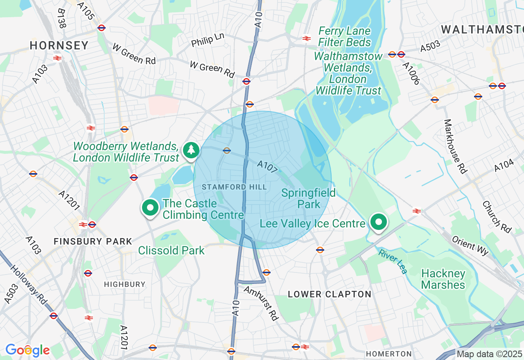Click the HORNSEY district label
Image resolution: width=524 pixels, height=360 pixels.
[x=59, y=45]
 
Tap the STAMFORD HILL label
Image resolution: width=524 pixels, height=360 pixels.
[x=234, y=187]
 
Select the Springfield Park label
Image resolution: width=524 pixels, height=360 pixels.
[x=309, y=198]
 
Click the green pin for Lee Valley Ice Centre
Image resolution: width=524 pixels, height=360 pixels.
[x=379, y=222]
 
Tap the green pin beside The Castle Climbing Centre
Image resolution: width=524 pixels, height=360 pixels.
[x=151, y=208]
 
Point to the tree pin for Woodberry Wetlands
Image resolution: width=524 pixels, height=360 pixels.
[x=191, y=150]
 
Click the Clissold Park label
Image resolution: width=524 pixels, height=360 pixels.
[x=171, y=250]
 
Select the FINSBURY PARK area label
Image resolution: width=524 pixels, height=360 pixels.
[x=93, y=241]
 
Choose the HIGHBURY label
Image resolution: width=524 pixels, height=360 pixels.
[x=124, y=284]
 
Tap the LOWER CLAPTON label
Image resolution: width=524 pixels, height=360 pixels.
[x=330, y=294]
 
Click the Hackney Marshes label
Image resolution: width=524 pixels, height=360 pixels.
[x=443, y=279]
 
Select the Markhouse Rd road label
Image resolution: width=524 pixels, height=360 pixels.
[x=454, y=146]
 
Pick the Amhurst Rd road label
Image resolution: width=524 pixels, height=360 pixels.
[x=261, y=303]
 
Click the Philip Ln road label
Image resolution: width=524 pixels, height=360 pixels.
[x=208, y=40]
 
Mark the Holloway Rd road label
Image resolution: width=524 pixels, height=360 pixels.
[x=29, y=286]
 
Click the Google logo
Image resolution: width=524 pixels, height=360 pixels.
[x=27, y=350]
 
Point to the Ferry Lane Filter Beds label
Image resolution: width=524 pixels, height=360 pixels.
[x=345, y=36]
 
